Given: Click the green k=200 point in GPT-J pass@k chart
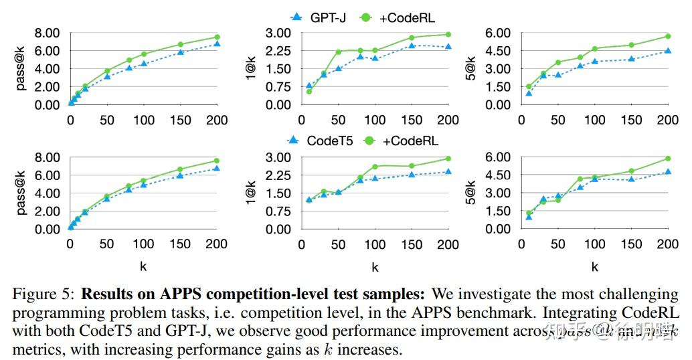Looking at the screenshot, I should point(217,37).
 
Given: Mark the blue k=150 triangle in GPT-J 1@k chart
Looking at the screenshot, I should point(412,46).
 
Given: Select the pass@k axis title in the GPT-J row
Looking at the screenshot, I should point(21,69).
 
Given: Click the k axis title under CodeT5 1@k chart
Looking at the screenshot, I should point(375,267).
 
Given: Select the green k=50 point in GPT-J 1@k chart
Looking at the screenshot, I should point(339,52).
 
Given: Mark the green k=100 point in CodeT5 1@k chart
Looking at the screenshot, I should point(375,167).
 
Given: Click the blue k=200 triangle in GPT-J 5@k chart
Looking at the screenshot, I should point(667,51).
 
